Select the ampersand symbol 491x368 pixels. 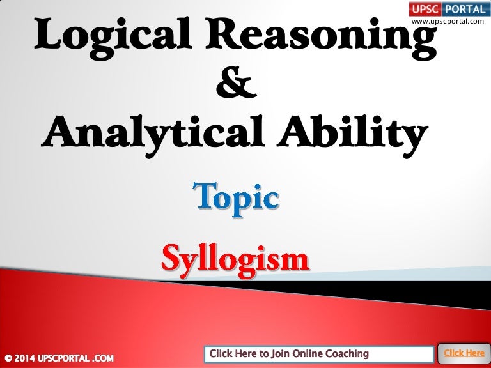point(237,86)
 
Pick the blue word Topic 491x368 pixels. point(237,198)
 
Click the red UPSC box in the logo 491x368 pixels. point(425,10)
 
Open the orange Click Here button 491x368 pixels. point(464,353)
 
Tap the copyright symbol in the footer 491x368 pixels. point(7,355)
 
